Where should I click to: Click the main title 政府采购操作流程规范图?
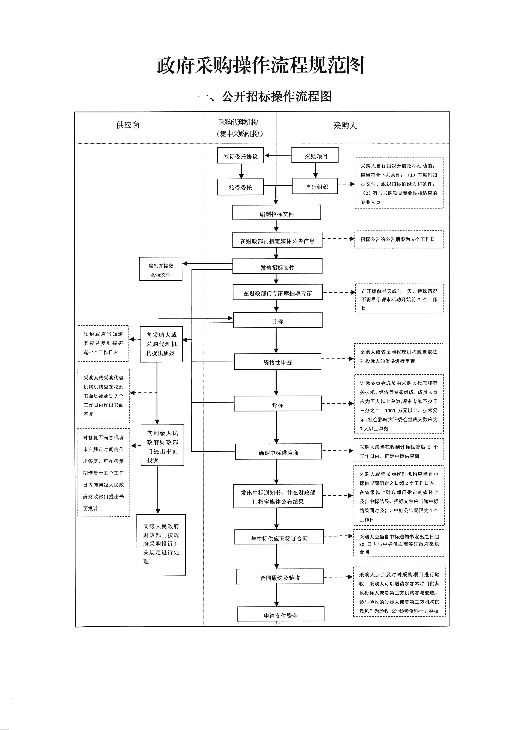tap(261, 65)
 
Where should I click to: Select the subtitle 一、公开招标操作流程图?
tap(264, 96)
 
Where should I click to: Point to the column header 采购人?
tap(345, 126)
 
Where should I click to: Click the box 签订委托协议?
tap(240, 156)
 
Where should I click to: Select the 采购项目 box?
tap(315, 156)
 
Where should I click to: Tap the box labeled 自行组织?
tap(315, 187)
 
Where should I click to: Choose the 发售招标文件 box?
tap(277, 266)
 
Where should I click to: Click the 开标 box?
tap(278, 320)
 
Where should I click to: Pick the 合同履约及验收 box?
tap(280, 578)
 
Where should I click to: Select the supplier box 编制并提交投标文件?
tap(161, 269)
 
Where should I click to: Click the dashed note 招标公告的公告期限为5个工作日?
tap(399, 239)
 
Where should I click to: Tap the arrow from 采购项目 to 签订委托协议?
tap(278, 156)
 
